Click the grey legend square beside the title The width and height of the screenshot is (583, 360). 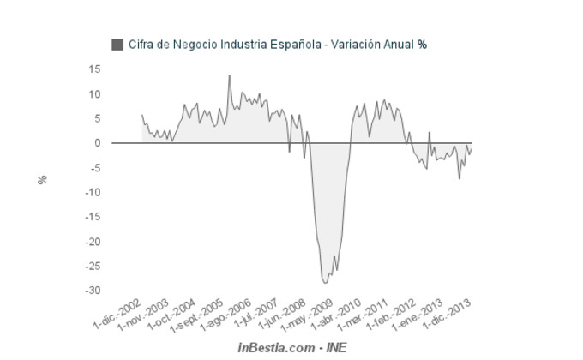click(117, 44)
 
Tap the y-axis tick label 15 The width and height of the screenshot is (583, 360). click(95, 69)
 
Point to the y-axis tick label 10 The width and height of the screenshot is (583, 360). click(95, 94)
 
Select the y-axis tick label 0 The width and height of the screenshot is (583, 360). click(98, 143)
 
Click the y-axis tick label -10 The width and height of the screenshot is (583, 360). click(93, 193)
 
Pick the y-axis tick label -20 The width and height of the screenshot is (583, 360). click(93, 242)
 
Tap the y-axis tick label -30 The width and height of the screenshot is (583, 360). click(93, 291)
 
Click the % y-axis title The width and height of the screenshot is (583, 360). click(42, 180)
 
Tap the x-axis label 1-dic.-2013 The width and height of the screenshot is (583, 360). click(451, 315)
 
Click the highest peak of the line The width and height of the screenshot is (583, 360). click(229, 75)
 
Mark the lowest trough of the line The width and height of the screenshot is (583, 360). click(324, 282)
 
